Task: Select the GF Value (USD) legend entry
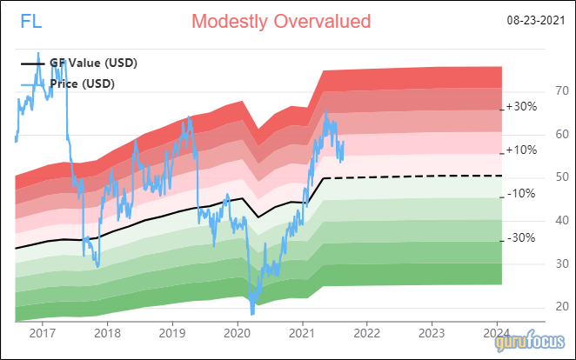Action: [x=84, y=63]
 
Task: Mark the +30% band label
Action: [x=521, y=107]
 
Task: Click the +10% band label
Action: [x=521, y=150]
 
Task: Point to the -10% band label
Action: [x=520, y=193]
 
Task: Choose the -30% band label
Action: [x=520, y=237]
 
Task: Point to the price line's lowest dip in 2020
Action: [x=252, y=312]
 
